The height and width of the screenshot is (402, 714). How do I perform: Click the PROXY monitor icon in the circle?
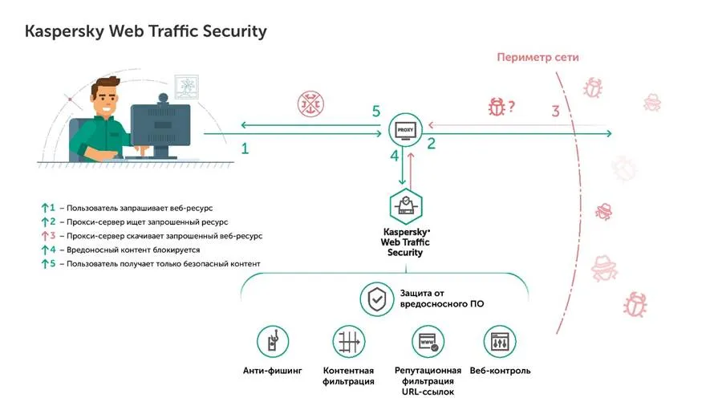[405, 130]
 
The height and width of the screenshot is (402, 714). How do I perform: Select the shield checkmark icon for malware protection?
[376, 299]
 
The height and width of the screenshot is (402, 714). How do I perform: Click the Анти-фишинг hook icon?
[272, 342]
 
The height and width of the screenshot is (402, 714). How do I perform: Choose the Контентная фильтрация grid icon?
[348, 342]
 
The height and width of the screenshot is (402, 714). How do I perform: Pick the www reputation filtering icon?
[428, 342]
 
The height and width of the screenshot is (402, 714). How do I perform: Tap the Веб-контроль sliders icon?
[500, 342]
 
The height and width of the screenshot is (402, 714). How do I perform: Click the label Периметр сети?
[538, 57]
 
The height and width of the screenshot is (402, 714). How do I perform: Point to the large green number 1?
[245, 148]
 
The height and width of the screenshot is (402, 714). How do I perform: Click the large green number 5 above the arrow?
[376, 111]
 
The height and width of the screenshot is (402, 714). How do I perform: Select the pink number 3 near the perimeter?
[555, 111]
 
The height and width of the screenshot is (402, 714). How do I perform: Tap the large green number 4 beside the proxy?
[395, 156]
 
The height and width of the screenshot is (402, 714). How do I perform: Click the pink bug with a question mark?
[501, 107]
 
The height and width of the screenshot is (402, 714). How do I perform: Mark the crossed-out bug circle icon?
[310, 104]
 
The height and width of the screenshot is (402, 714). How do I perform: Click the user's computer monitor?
[160, 131]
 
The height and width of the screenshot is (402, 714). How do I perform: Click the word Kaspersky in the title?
[64, 31]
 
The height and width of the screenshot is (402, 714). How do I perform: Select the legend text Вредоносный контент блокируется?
[133, 250]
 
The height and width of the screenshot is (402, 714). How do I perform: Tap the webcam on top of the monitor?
[163, 99]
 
